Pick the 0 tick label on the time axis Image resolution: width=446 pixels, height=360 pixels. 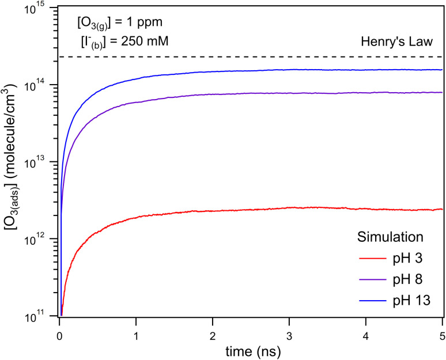tap(60, 330)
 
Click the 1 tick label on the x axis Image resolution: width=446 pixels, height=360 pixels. tap(136, 330)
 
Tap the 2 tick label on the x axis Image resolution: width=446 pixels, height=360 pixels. tap(213, 330)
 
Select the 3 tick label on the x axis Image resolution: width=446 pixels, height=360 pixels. tap(289, 330)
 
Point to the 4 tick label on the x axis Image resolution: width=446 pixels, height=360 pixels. tap(366, 330)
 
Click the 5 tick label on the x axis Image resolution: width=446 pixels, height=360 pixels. tap(441, 330)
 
